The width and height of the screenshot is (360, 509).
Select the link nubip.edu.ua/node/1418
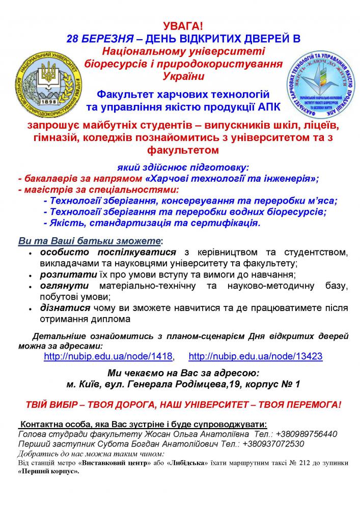[108, 356]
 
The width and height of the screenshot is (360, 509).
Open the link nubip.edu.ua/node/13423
[255, 356]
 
